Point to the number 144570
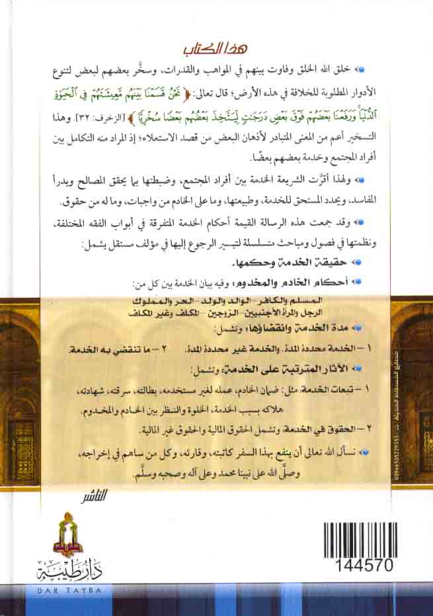click(360, 566)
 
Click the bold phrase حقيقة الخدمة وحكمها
click(304, 261)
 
